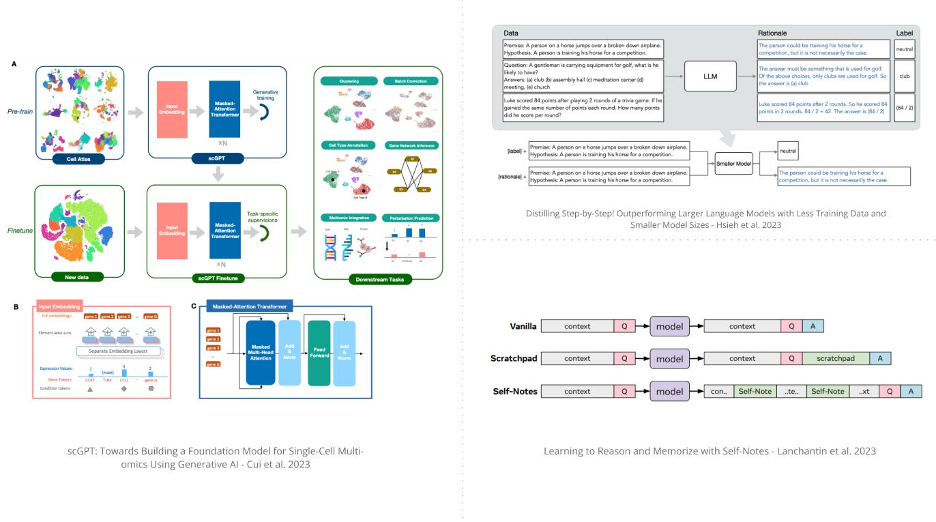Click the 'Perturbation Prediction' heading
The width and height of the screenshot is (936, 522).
coord(411,218)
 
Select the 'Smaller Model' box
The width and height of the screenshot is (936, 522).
coord(734,164)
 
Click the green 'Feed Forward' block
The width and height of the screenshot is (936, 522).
coord(319,353)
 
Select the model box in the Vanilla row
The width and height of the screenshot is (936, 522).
coord(669,326)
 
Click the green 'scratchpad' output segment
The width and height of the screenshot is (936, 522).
coord(836,358)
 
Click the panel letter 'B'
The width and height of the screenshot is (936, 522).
coord(16,307)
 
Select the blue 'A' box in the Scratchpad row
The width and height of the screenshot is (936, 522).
coord(880,358)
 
